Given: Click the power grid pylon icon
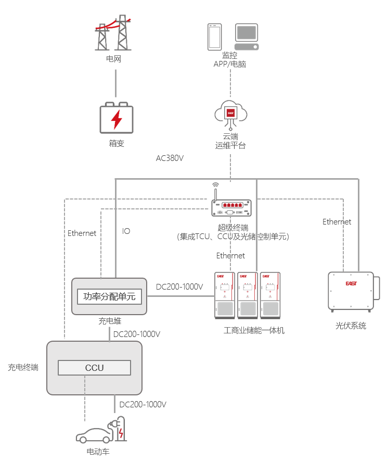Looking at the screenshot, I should tap(113, 32).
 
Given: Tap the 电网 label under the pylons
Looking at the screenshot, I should tap(113, 59).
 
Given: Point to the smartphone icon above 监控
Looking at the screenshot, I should tap(215, 36).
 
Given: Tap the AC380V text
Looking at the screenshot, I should tap(170, 158).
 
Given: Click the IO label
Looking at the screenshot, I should tap(126, 231).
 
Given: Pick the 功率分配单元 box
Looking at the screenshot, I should tap(109, 296).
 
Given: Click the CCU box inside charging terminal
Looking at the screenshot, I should tap(95, 368).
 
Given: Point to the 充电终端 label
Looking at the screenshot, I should tap(23, 368).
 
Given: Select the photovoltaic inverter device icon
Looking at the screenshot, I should tap(352, 291).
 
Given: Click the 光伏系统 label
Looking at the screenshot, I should tap(351, 326).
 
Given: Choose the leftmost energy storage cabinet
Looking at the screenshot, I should tap(225, 295).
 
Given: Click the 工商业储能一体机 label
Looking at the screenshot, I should tap(254, 330).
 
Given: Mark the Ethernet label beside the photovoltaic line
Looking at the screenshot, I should tap(337, 222).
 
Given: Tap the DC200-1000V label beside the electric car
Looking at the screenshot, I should tap(143, 404).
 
